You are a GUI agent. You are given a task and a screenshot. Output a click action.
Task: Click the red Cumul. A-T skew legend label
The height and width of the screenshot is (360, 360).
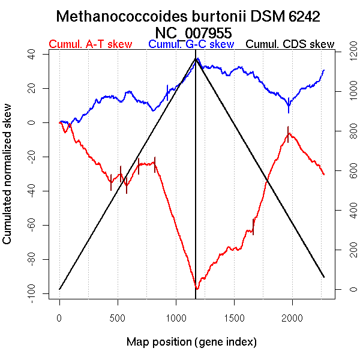(x=90, y=45)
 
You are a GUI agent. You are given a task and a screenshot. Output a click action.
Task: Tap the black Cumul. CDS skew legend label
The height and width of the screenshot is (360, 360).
(x=290, y=45)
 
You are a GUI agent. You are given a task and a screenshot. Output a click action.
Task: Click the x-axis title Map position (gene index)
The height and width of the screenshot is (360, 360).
(x=191, y=342)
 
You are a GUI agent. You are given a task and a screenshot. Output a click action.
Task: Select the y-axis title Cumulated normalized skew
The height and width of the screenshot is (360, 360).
(x=8, y=181)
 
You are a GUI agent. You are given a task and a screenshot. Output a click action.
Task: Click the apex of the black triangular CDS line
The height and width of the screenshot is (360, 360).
(x=196, y=58)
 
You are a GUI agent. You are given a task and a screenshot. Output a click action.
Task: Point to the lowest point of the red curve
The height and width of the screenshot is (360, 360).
(x=197, y=289)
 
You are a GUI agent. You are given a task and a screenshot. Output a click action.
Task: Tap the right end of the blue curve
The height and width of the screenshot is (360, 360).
(x=324, y=70)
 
